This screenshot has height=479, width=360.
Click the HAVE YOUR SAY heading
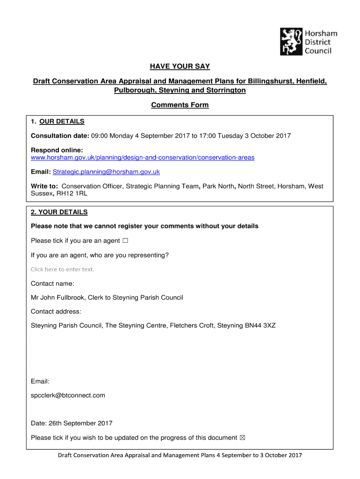[180, 67]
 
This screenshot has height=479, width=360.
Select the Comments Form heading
[180, 105]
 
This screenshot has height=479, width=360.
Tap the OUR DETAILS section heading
[62, 122]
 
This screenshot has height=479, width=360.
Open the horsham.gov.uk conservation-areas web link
[143, 158]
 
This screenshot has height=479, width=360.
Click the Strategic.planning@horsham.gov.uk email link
[106, 172]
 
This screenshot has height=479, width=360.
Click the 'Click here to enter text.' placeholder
[62, 269]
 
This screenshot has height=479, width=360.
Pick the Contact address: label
[56, 312]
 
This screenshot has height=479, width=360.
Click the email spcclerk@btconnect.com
[68, 395]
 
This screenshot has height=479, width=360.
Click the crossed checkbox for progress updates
[242, 438]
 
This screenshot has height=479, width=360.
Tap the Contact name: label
[52, 283]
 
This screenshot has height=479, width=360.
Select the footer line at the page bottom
[180, 455]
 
